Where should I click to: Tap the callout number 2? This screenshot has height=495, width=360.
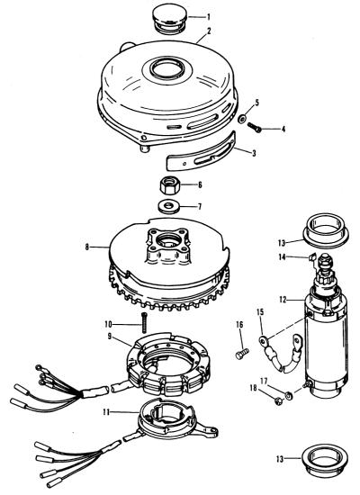click(x=209, y=31)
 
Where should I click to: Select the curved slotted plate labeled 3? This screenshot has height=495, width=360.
click(x=202, y=152)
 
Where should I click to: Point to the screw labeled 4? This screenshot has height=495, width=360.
click(x=254, y=127)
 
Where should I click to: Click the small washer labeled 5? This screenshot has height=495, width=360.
click(x=242, y=120)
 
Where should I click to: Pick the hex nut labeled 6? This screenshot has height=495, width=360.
click(x=170, y=185)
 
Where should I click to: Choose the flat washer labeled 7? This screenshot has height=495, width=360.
click(x=169, y=206)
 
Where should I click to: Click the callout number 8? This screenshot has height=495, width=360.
click(x=87, y=247)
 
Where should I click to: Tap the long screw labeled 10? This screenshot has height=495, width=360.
click(x=144, y=322)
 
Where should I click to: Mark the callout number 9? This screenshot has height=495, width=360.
click(x=110, y=337)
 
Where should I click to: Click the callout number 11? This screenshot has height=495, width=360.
click(x=106, y=412)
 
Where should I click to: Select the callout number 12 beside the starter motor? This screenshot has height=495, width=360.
click(x=283, y=299)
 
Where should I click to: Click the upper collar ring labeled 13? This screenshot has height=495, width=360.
click(x=326, y=230)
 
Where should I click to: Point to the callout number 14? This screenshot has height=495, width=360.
click(x=283, y=257)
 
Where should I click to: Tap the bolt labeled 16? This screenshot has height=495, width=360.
click(x=242, y=354)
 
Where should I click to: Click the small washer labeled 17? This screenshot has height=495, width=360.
click(x=289, y=395)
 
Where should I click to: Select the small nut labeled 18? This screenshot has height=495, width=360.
click(x=278, y=400)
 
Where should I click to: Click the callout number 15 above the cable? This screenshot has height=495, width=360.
click(x=260, y=312)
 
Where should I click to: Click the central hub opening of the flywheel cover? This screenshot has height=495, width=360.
click(x=166, y=68)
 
